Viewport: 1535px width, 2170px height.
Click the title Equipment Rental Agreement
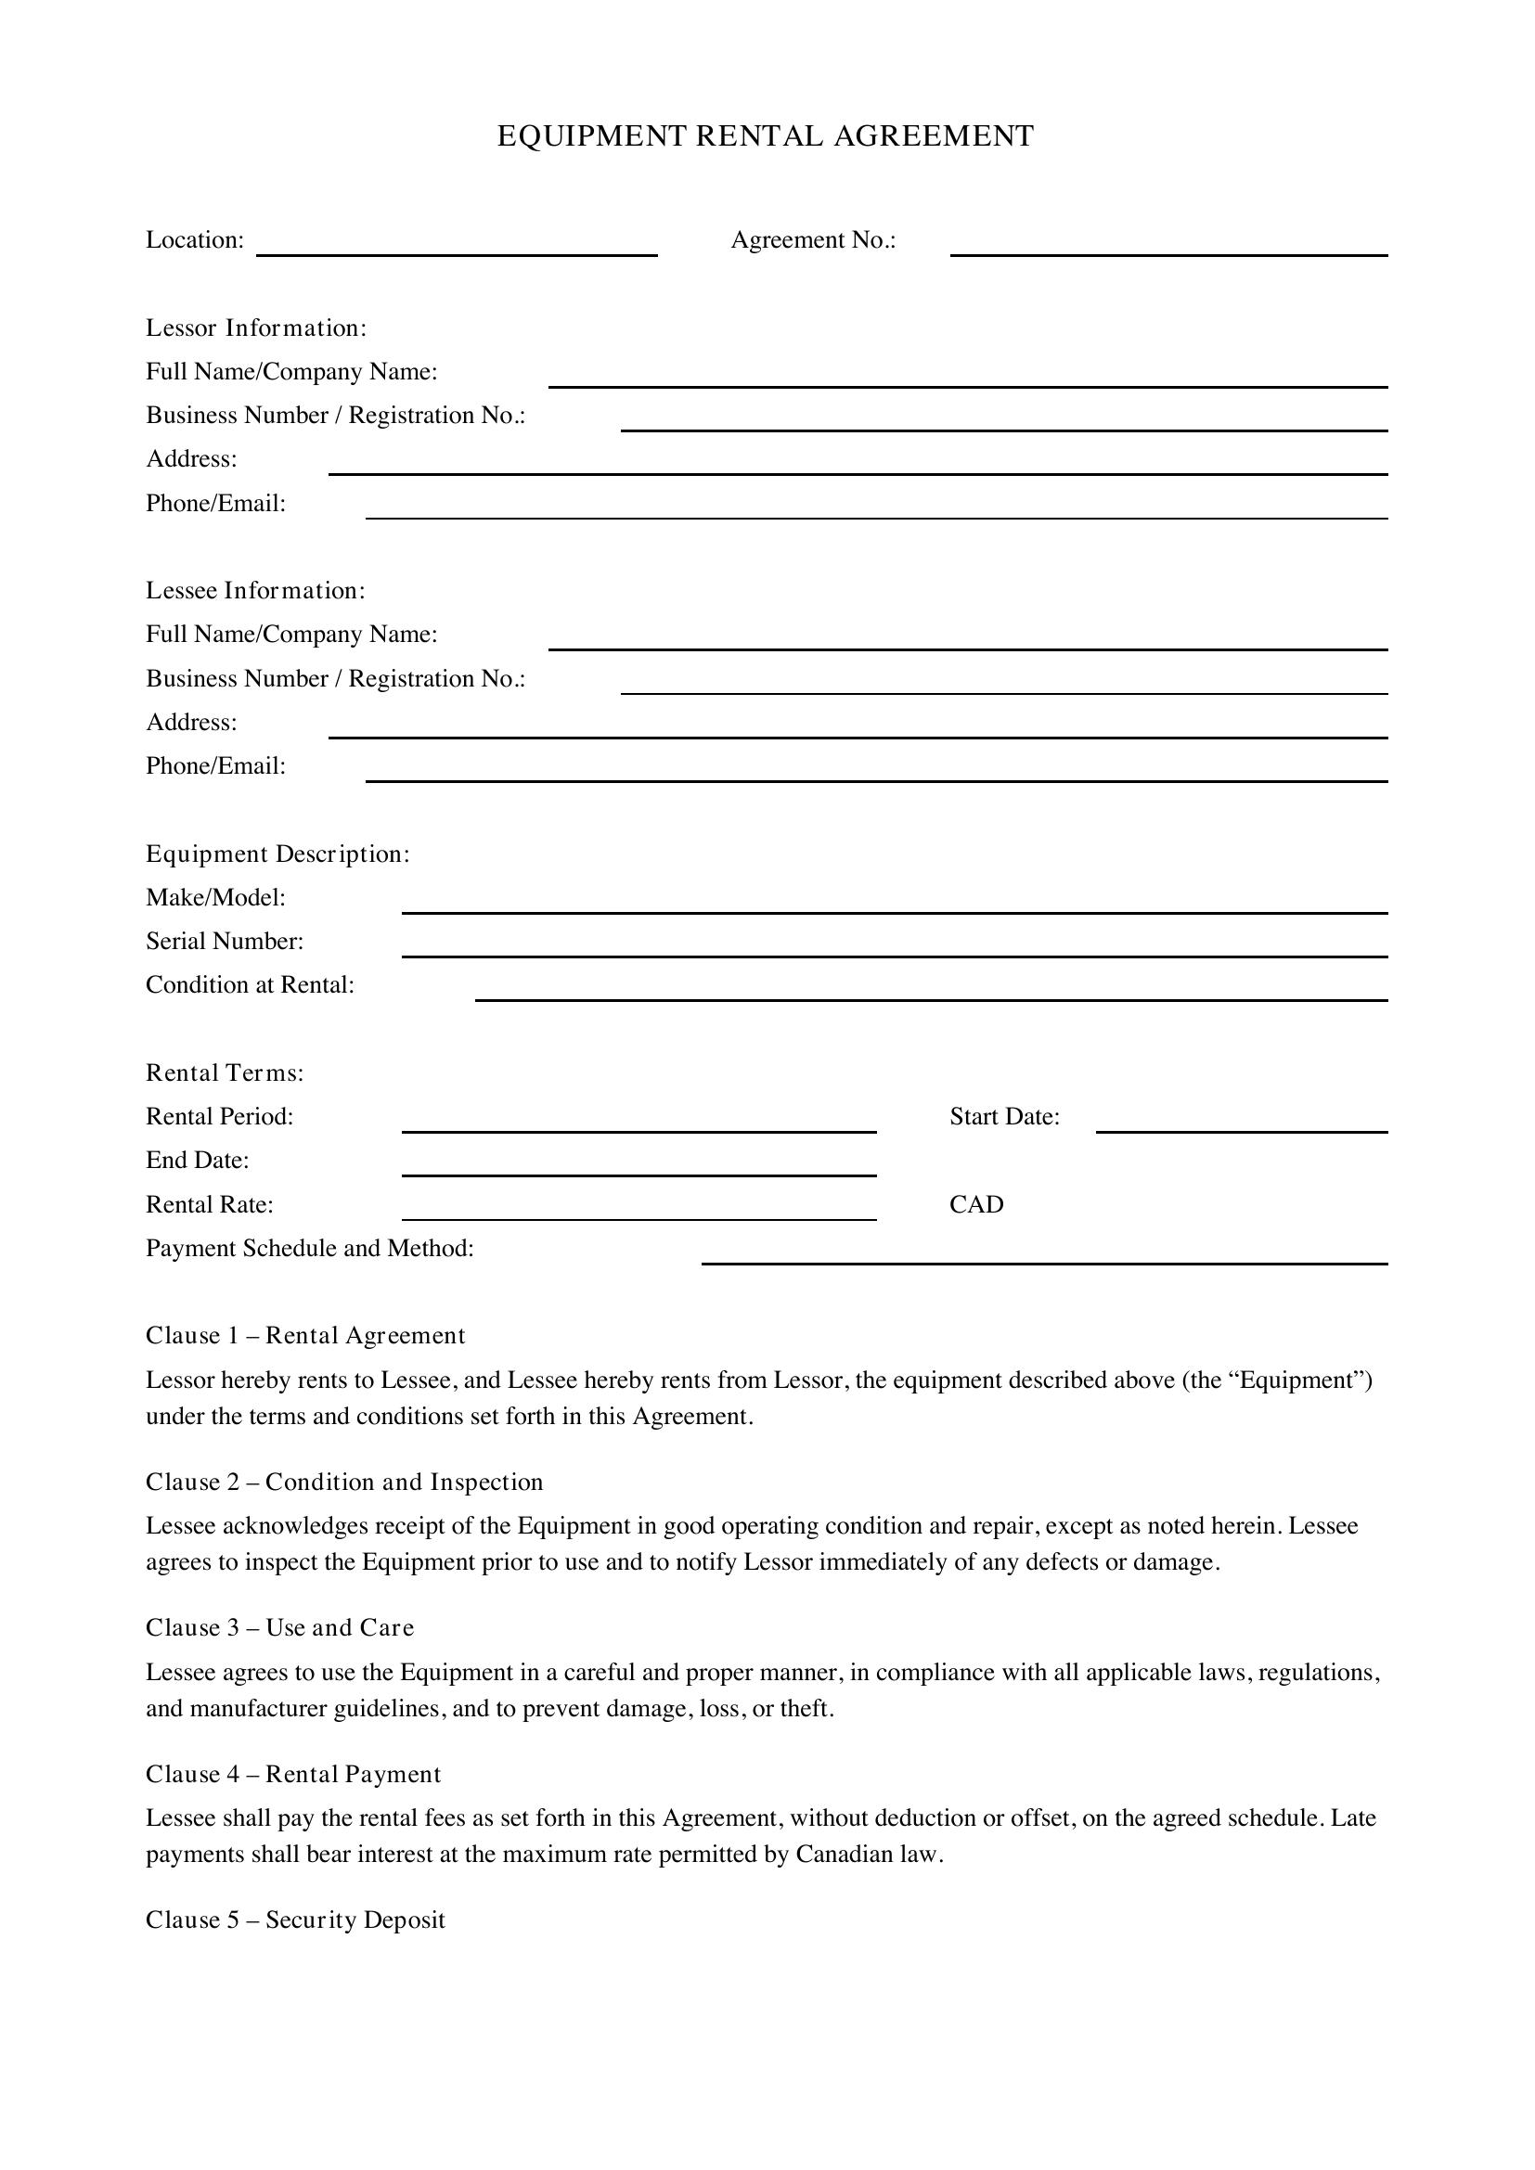click(x=766, y=136)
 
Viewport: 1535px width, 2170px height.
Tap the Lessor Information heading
click(x=256, y=327)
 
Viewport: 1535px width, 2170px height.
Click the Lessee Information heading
click(x=255, y=591)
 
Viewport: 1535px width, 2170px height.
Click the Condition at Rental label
click(x=250, y=985)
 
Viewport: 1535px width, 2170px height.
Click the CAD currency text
click(x=976, y=1204)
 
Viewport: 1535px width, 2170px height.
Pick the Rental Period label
click(x=219, y=1116)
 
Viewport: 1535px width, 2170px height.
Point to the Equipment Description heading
click(x=277, y=854)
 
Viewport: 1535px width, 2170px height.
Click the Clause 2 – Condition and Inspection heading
click(x=344, y=1482)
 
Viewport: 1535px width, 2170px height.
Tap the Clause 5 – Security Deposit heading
click(x=295, y=1920)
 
